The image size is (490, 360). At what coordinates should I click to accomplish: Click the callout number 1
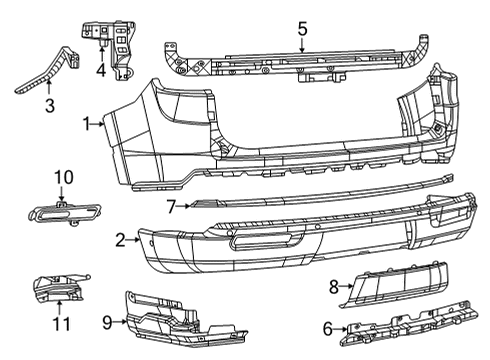(89, 124)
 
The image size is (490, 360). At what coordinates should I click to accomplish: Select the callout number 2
(120, 240)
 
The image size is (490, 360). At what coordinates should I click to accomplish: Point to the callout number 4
(101, 70)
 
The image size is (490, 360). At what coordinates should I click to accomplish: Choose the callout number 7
(172, 207)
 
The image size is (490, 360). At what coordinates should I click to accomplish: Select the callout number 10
(63, 178)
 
